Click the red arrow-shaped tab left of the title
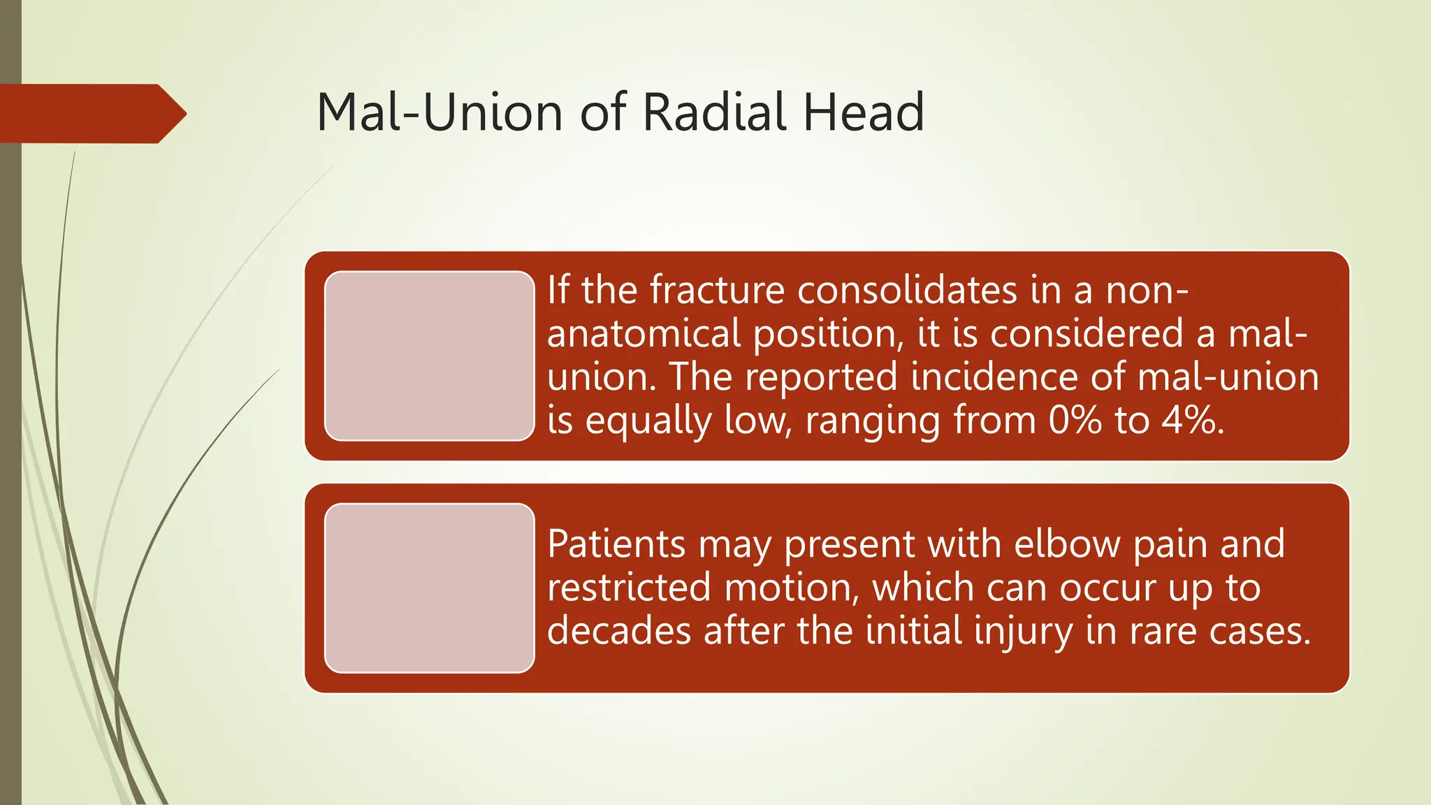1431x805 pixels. [x=91, y=114]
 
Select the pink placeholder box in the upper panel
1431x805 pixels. [x=429, y=356]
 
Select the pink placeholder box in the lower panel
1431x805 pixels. [x=429, y=588]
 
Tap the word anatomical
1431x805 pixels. [x=643, y=333]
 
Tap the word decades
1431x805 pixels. [x=618, y=631]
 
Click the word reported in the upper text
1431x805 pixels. [x=820, y=377]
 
